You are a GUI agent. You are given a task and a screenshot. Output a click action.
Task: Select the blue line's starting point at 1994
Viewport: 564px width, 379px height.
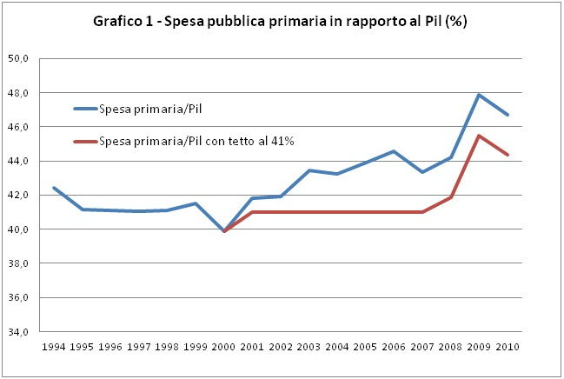click(x=54, y=188)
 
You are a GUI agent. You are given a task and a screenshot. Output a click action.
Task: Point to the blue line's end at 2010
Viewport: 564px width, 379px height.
click(x=508, y=115)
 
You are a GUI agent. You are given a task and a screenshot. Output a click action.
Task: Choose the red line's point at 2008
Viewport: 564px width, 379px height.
click(x=450, y=197)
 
